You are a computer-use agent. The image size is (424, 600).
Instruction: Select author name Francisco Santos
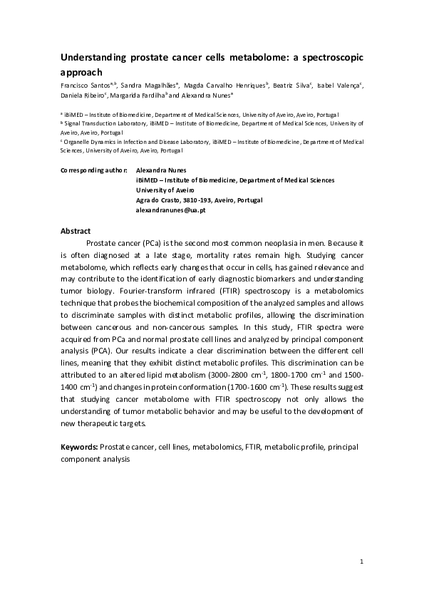(x=82, y=86)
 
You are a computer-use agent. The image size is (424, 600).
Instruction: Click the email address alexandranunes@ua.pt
(x=171, y=211)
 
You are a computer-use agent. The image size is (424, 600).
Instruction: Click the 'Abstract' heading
(x=76, y=232)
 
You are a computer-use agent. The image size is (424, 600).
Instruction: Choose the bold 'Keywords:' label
(x=79, y=446)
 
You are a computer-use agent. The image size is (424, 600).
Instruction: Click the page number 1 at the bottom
(x=362, y=562)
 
